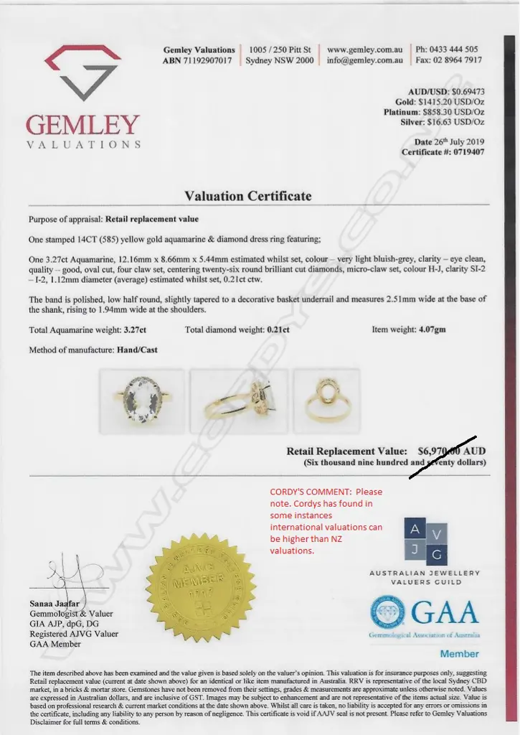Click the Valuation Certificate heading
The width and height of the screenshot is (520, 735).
(248, 196)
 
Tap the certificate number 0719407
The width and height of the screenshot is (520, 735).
(464, 152)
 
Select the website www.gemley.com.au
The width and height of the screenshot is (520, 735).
(364, 50)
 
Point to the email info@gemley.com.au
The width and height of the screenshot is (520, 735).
(364, 61)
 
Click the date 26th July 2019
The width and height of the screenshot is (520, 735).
(457, 141)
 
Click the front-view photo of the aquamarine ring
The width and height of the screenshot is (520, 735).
(141, 400)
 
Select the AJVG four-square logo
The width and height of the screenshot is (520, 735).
(425, 541)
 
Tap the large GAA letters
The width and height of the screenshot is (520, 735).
(445, 614)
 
